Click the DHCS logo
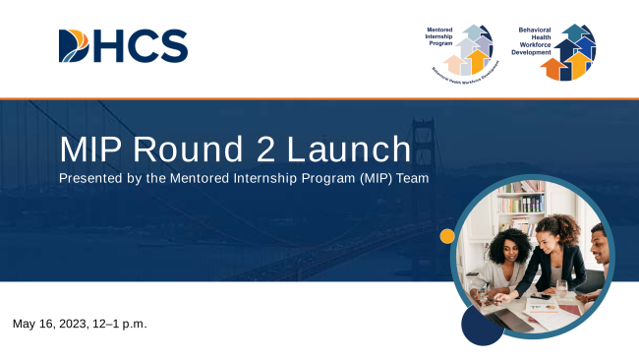click(123, 46)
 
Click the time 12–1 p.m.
click(125, 324)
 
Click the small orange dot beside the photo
click(447, 236)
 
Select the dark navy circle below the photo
click(482, 325)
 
